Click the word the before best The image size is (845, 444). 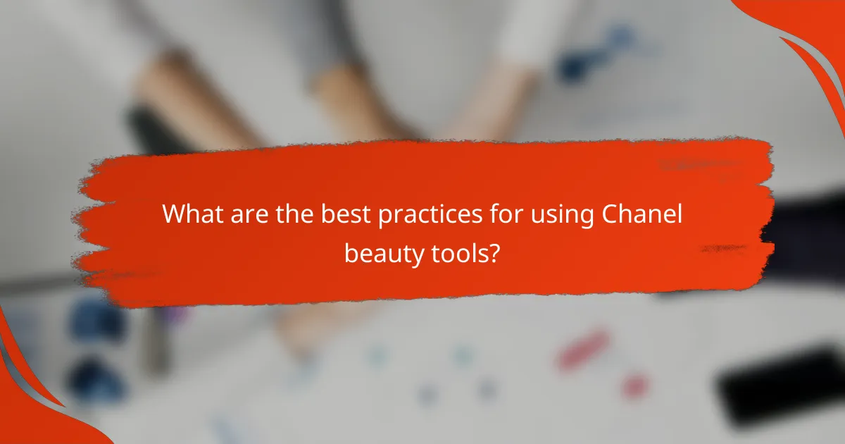click(295, 214)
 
